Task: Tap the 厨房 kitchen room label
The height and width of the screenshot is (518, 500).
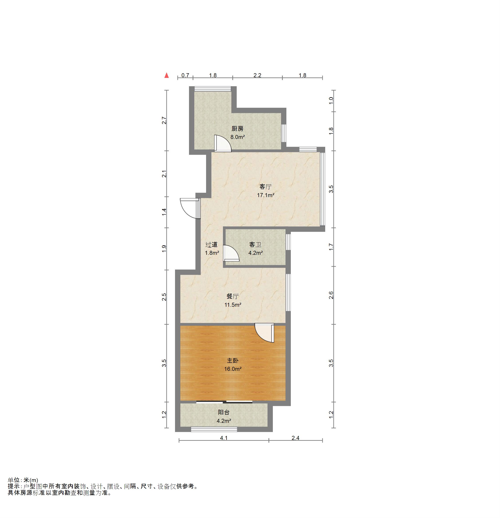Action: pyautogui.click(x=237, y=129)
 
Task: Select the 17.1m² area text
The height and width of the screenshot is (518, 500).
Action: pyautogui.click(x=266, y=195)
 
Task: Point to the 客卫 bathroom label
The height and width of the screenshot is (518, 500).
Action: pyautogui.click(x=255, y=245)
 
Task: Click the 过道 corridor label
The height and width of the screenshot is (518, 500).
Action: pyautogui.click(x=212, y=245)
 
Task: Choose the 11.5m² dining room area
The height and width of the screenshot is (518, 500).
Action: pyautogui.click(x=233, y=305)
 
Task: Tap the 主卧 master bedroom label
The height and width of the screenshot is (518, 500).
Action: pyautogui.click(x=233, y=360)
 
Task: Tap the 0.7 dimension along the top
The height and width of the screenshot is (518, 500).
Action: pyautogui.click(x=185, y=75)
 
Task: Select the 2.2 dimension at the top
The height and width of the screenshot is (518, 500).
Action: pyautogui.click(x=257, y=75)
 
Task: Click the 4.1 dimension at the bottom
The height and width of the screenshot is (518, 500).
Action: pyautogui.click(x=224, y=438)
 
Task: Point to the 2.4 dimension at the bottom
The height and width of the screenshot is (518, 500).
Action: pyautogui.click(x=295, y=438)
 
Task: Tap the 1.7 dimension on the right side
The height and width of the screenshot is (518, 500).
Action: pyautogui.click(x=331, y=247)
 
